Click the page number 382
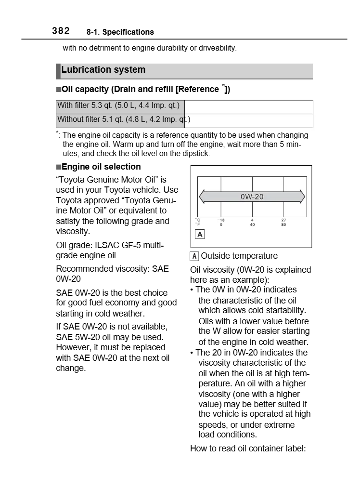tap(61, 31)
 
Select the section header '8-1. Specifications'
tap(120, 32)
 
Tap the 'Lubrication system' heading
tap(103, 70)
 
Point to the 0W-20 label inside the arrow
tap(252, 197)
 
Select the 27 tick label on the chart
tap(283, 220)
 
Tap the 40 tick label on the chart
tap(252, 224)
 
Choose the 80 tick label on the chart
tap(283, 224)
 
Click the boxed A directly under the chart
tap(200, 234)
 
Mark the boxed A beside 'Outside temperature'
tap(194, 256)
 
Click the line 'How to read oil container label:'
tap(248, 449)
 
